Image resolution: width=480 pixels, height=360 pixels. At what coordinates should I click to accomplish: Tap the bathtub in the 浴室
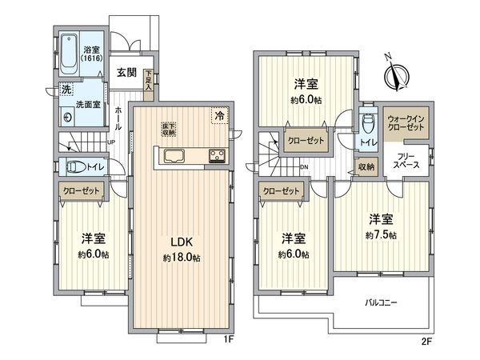70,51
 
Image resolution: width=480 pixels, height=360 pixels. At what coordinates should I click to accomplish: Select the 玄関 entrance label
126,72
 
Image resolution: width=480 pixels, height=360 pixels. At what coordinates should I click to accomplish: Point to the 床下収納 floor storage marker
170,130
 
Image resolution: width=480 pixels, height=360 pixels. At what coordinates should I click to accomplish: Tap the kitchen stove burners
217,155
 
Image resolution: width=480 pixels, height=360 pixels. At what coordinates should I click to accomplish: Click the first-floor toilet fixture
74,167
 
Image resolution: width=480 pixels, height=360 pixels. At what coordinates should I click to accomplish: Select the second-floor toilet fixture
367,124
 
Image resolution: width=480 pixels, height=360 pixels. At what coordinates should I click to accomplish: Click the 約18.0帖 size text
182,259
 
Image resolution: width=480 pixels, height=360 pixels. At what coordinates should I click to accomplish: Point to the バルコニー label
382,302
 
